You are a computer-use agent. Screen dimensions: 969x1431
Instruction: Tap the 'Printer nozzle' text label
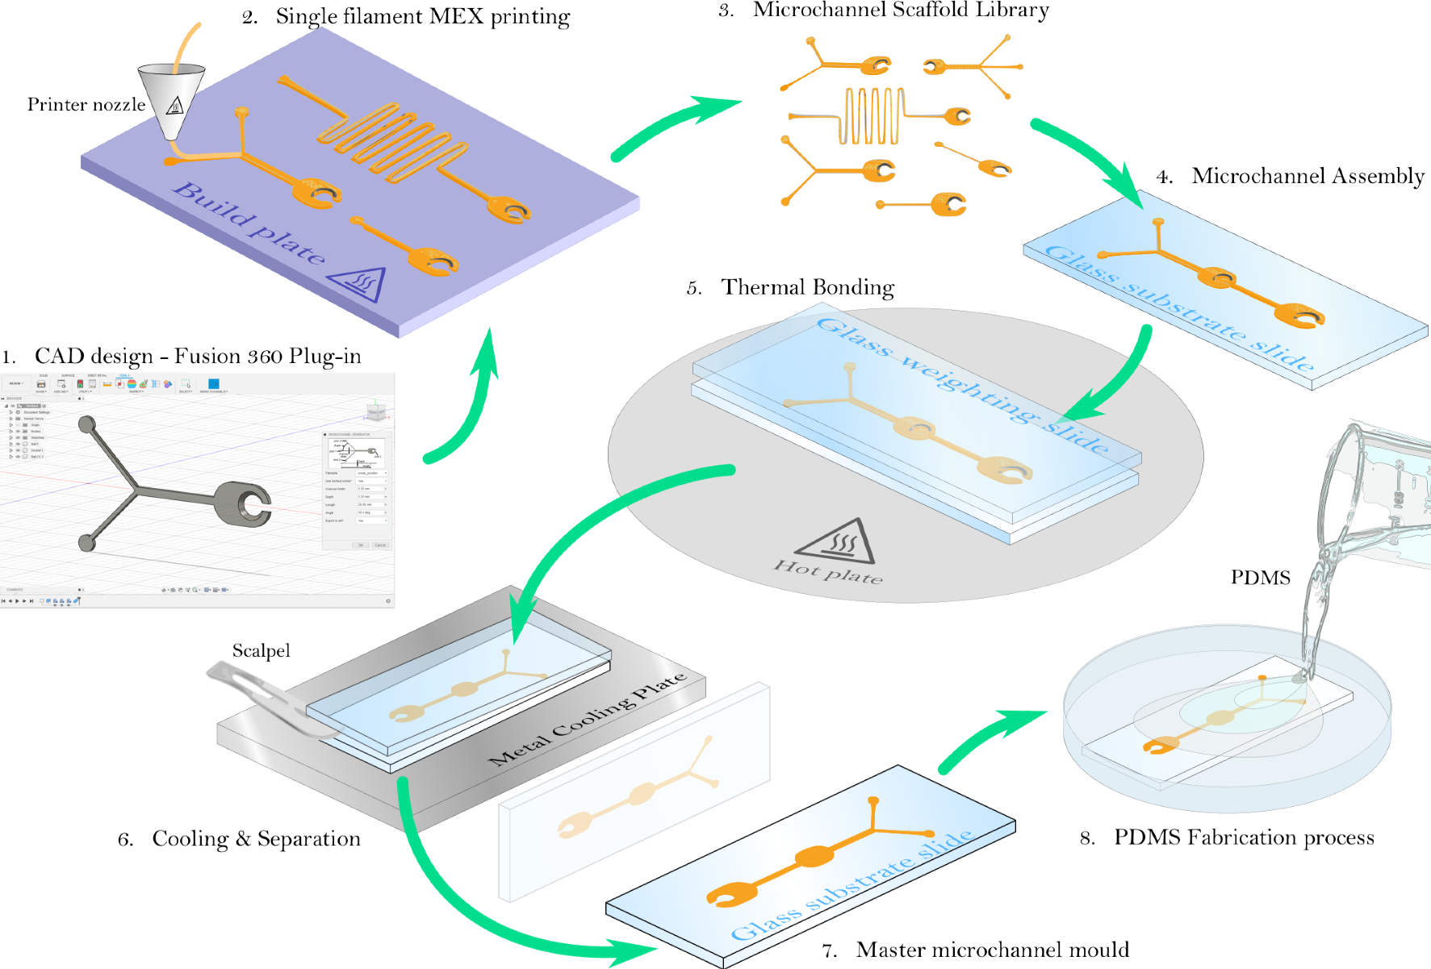pyautogui.click(x=86, y=105)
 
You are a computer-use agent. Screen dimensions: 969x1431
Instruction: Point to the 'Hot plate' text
pyautogui.click(x=828, y=571)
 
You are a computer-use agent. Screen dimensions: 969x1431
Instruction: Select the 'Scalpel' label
pyautogui.click(x=261, y=651)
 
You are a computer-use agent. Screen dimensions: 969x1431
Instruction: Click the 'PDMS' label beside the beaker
pyautogui.click(x=1259, y=578)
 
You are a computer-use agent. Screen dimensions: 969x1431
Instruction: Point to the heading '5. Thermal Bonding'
pyautogui.click(x=790, y=288)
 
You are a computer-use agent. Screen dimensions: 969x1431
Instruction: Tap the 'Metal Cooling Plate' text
pyautogui.click(x=588, y=718)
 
